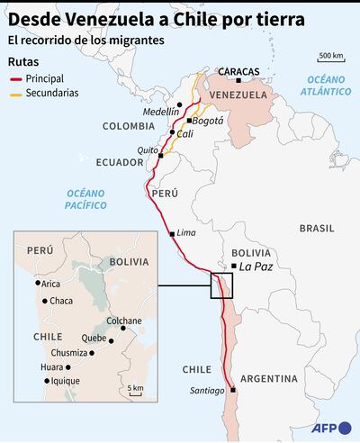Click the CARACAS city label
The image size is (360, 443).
238,70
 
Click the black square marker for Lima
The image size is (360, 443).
172,234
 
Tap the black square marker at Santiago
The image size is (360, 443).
232,390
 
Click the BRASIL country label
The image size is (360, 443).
316,229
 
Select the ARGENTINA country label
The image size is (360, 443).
268,376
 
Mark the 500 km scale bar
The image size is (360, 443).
330,63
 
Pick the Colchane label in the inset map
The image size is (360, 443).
124,321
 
